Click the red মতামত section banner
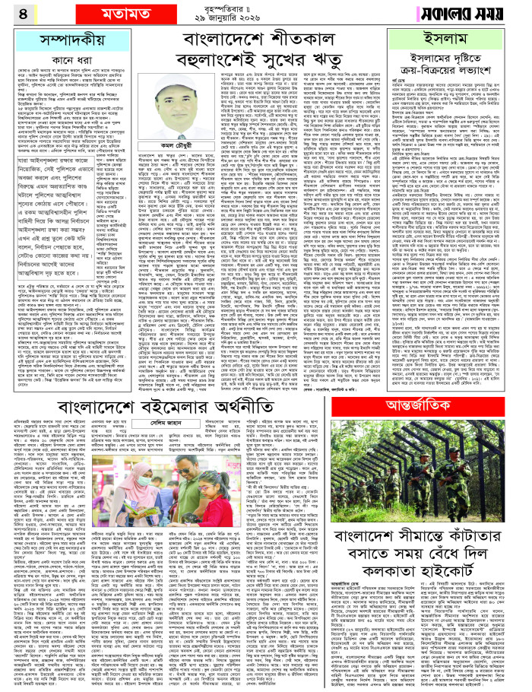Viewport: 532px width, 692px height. click(x=71, y=13)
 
